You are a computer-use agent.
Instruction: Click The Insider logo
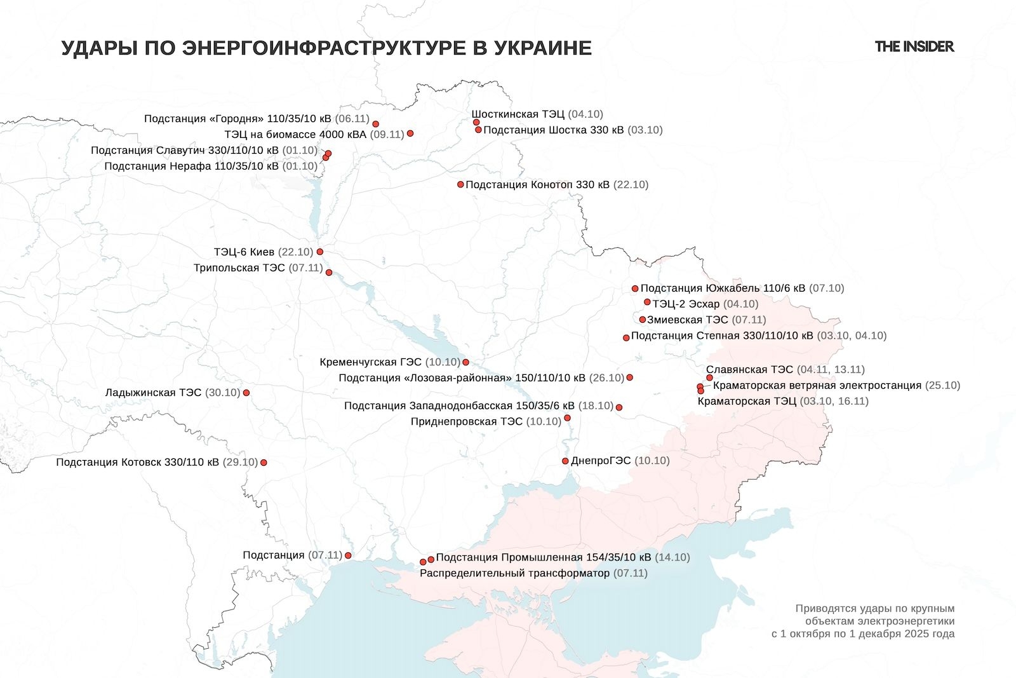point(914,46)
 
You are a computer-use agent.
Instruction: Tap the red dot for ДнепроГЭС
point(565,461)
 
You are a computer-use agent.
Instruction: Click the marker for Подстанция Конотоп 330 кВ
point(461,185)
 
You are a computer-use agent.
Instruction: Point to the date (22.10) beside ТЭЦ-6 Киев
point(296,252)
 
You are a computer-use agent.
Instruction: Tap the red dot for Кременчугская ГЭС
point(465,362)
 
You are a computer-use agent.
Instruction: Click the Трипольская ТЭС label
point(239,268)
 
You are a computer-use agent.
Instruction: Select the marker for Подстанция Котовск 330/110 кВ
point(264,463)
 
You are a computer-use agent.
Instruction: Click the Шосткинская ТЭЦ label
point(518,114)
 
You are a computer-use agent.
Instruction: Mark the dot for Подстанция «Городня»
point(375,124)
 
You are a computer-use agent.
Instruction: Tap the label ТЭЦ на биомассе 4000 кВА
point(295,134)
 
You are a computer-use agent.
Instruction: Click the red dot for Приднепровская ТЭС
point(567,418)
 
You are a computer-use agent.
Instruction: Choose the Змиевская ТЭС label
point(688,320)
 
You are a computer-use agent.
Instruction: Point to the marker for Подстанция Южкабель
point(635,288)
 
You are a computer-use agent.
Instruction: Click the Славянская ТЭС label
point(749,369)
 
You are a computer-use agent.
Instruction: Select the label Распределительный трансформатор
point(514,573)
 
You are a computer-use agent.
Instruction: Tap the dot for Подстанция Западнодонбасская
point(619,407)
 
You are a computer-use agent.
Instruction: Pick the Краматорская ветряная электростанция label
point(817,385)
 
